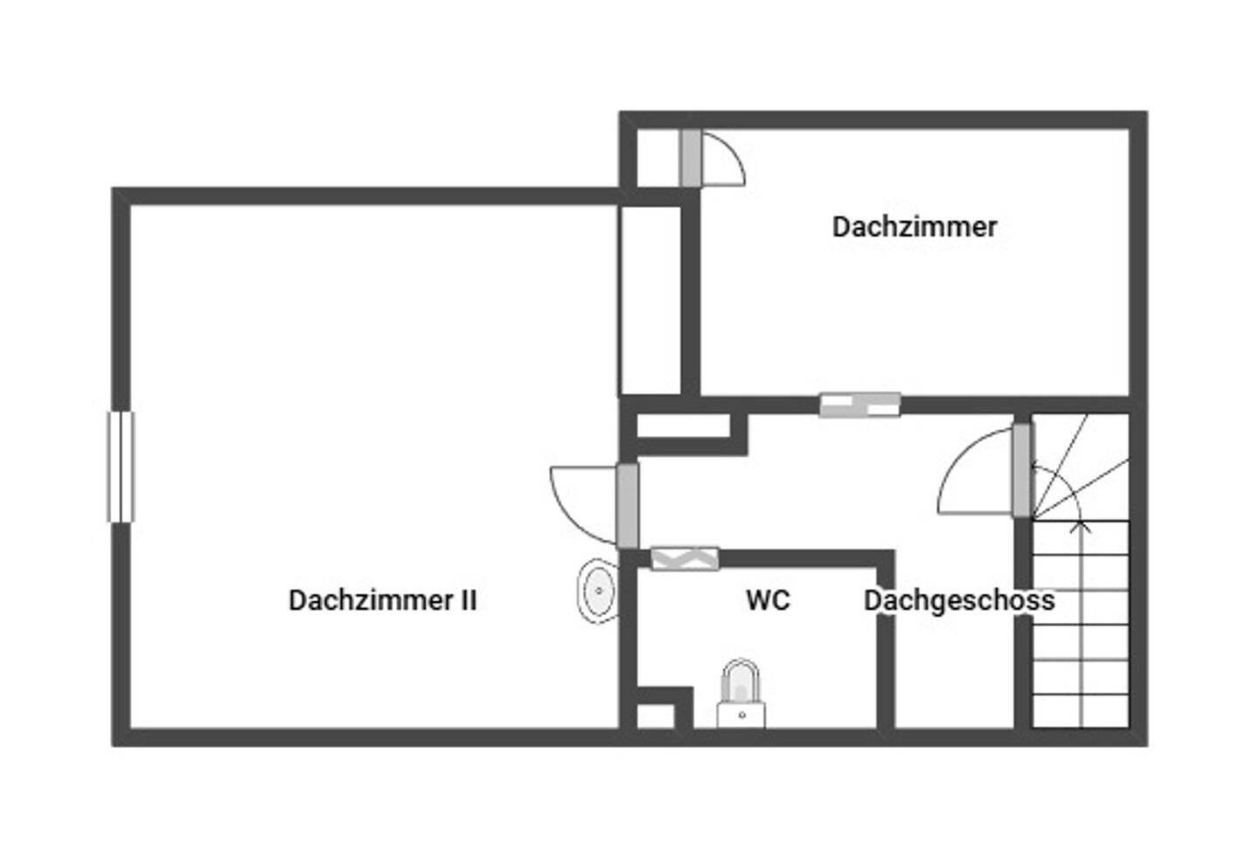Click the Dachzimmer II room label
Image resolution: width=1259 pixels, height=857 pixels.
pyautogui.click(x=382, y=600)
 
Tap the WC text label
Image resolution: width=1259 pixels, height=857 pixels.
pyautogui.click(x=768, y=600)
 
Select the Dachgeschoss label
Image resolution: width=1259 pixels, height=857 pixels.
pyautogui.click(x=959, y=600)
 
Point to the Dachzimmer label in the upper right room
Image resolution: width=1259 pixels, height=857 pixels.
pyautogui.click(x=914, y=227)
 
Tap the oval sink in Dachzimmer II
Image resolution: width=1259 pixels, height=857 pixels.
pyautogui.click(x=599, y=591)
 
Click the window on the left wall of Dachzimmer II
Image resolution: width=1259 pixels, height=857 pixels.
pyautogui.click(x=121, y=467)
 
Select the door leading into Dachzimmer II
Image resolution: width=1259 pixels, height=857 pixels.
pyautogui.click(x=627, y=506)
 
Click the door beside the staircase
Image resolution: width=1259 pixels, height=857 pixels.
pyautogui.click(x=1021, y=470)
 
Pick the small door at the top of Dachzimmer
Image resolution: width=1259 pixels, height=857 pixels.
pyautogui.click(x=691, y=158)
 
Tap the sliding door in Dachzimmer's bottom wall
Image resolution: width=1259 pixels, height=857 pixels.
pyautogui.click(x=859, y=404)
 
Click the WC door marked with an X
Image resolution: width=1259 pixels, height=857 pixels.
pyautogui.click(x=685, y=558)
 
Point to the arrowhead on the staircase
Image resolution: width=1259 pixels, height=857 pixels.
pyautogui.click(x=1081, y=525)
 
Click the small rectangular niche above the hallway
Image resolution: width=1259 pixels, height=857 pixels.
pyautogui.click(x=683, y=426)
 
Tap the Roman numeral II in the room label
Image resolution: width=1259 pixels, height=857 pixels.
pyautogui.click(x=469, y=600)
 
